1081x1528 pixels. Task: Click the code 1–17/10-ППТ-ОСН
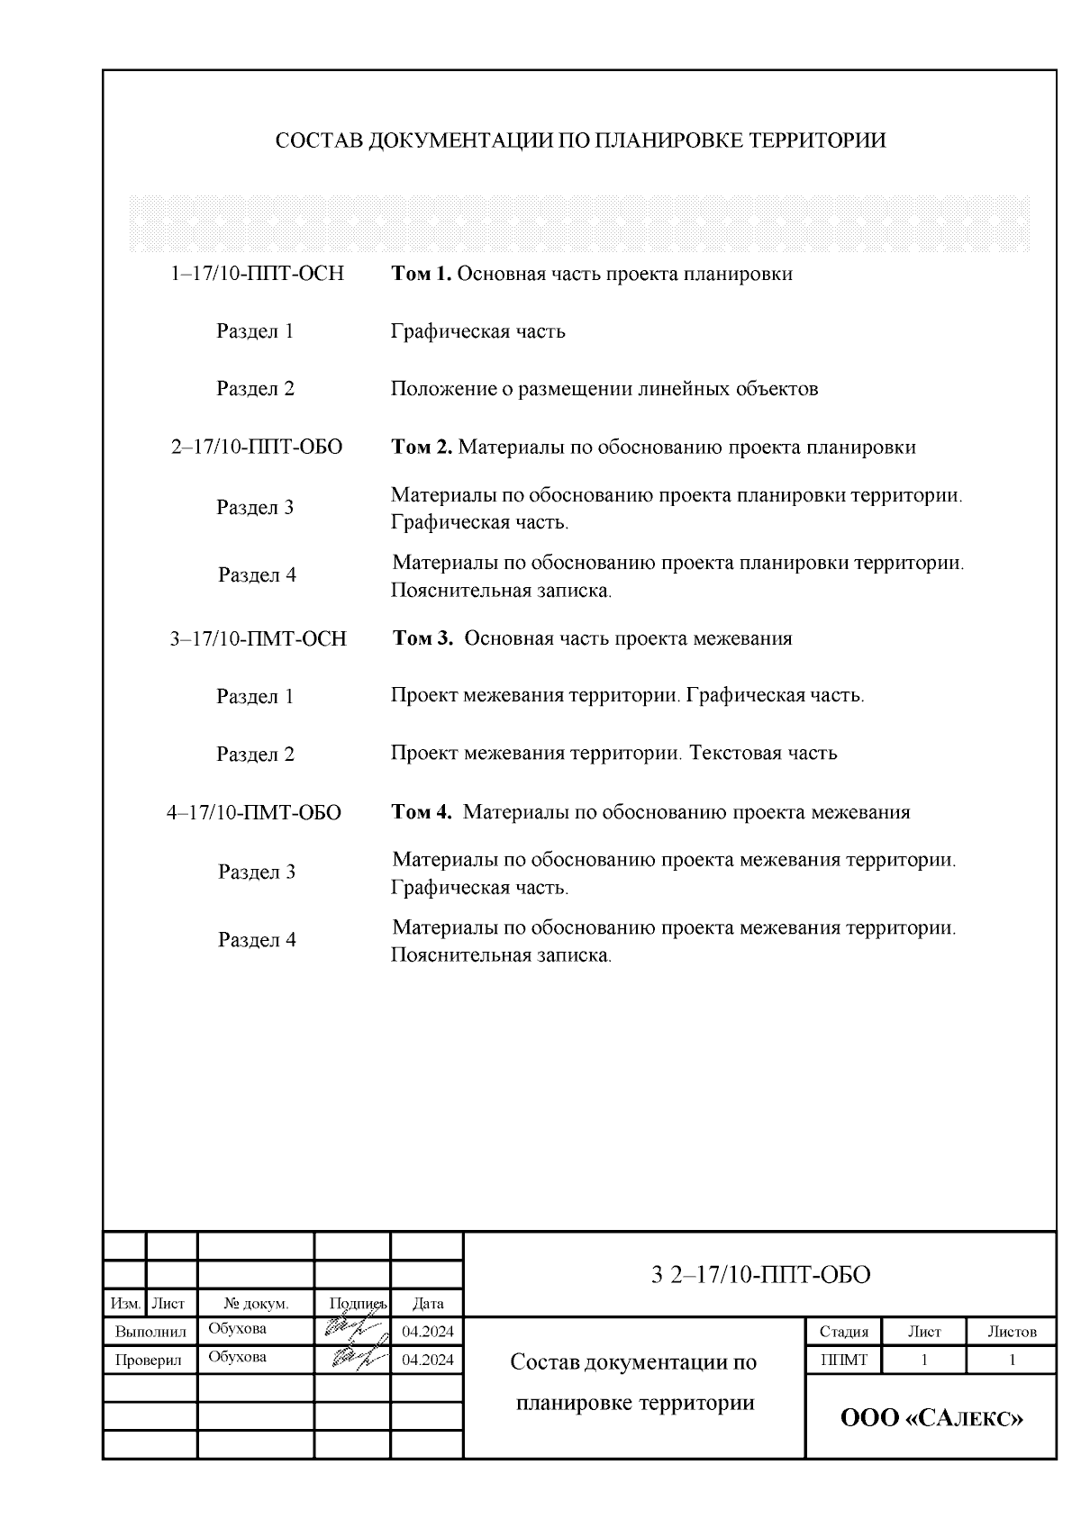(257, 274)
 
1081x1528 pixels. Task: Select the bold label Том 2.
(422, 448)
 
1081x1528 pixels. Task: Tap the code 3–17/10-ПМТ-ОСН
(258, 639)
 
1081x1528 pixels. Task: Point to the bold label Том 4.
(422, 812)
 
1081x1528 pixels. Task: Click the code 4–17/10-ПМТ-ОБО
(254, 813)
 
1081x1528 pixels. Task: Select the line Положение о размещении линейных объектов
(604, 389)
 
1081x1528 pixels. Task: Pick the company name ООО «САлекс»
(931, 1419)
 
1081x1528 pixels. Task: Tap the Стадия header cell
(843, 1332)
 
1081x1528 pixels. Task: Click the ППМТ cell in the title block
(843, 1361)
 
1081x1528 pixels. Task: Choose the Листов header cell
(1011, 1332)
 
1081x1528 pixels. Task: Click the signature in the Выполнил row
(350, 1330)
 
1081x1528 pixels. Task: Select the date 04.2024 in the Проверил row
(427, 1360)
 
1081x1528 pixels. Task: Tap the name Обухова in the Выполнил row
(237, 1329)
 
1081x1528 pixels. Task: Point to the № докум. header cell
(255, 1303)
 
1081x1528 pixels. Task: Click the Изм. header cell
(125, 1303)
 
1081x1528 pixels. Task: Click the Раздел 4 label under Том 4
(257, 940)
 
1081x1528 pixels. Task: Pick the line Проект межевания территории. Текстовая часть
(613, 754)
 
